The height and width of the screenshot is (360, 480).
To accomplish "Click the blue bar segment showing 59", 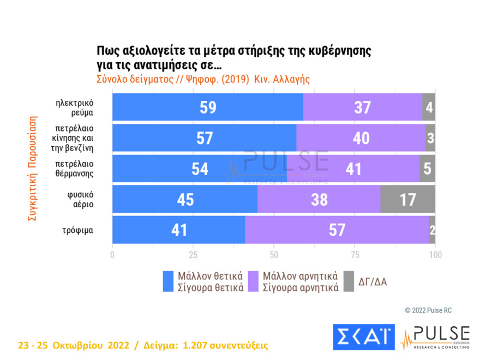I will pos(207,107).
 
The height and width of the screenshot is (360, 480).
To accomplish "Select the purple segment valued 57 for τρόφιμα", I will pos(337,230).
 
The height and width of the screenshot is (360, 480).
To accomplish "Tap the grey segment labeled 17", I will pos(407,199).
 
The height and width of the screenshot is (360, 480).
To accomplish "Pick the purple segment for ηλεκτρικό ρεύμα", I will pos(362,107).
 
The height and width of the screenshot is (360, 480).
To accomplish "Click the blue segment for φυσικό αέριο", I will pos(184,199).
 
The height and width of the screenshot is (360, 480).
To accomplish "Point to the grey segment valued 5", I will pos(427,169).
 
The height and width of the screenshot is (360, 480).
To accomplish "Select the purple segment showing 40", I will pos(361,138).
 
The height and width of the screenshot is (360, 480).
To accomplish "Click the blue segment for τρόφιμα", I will pos(178,230).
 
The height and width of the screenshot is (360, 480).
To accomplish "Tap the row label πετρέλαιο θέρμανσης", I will pos(75,169).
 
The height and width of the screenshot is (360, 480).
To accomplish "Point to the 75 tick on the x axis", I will pos(354,254).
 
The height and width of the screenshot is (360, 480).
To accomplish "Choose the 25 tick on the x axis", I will pos(193,254).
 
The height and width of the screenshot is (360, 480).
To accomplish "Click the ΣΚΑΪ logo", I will pos(363,337).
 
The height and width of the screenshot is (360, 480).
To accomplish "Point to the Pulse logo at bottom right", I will pos(435,337).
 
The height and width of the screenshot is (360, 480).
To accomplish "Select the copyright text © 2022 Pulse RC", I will pos(428,310).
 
